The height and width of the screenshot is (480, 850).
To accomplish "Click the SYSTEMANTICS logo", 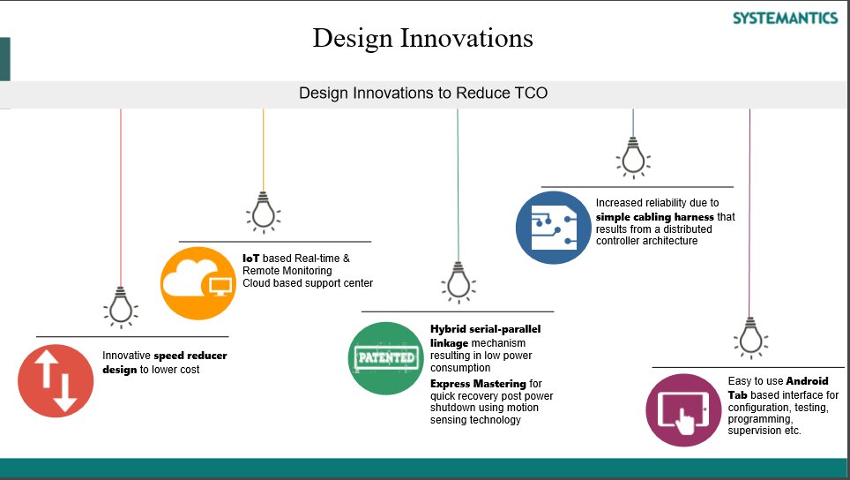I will coord(785,18).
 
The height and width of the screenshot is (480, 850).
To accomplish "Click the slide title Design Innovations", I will coord(422,39).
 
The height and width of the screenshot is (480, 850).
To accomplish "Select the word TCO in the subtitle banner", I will coord(531,93).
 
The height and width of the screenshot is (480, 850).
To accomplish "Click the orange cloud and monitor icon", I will coord(198,283).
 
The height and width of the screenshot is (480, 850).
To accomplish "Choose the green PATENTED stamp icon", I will coord(386,357).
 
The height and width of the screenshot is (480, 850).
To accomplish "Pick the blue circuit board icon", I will coord(553,228).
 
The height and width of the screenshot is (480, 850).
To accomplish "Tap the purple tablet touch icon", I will coord(682,410).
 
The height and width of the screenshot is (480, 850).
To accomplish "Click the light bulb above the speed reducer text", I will coord(121,306).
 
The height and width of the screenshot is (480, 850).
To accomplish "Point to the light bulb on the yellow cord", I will coord(263,211).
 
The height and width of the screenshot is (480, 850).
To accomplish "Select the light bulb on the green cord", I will coord(457,281).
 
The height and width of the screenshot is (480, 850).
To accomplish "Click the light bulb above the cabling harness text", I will coord(632,156).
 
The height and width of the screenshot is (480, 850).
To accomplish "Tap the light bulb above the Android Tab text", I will coord(749,336).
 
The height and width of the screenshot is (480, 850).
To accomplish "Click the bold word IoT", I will coord(250,258).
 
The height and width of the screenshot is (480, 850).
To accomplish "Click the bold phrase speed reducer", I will coord(190,356).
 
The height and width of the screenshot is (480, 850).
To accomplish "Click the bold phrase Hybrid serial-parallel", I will coord(485,329).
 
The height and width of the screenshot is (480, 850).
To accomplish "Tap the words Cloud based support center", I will coord(308,283).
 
